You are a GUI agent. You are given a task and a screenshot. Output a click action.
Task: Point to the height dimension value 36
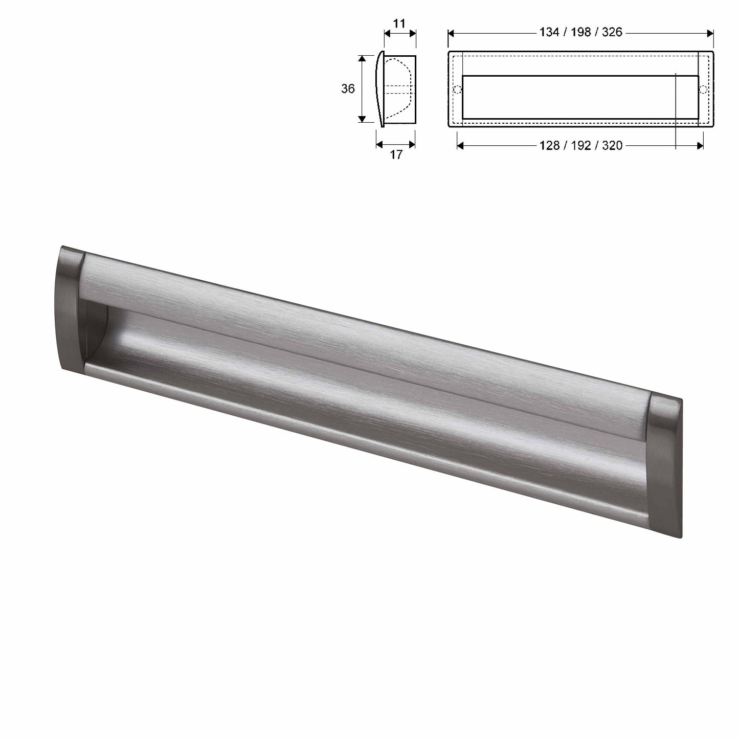(x=348, y=89)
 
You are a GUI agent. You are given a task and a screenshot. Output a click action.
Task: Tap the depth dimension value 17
(x=396, y=155)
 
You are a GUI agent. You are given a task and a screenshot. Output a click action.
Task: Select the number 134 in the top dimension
(x=549, y=32)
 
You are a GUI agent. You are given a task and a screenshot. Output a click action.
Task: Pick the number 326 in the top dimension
(x=612, y=32)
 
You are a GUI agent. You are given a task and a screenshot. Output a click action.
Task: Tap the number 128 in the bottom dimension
(x=550, y=146)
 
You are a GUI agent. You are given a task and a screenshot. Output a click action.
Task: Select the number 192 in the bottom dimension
(x=581, y=146)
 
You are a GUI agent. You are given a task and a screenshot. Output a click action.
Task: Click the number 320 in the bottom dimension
(x=612, y=146)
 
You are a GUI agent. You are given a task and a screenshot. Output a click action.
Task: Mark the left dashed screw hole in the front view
(x=458, y=90)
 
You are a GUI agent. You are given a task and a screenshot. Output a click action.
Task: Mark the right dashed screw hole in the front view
(x=704, y=90)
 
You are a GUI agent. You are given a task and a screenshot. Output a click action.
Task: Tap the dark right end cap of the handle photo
(x=665, y=465)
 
